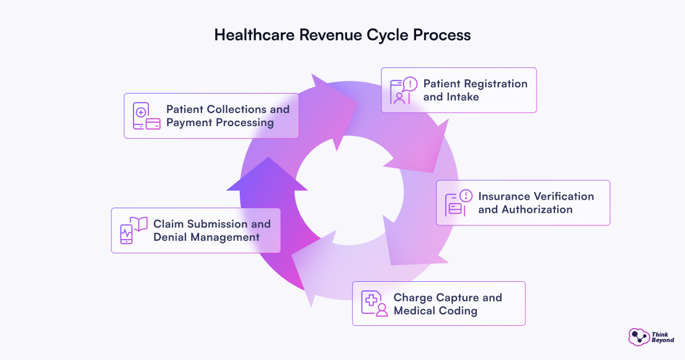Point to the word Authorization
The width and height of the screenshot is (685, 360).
[537, 209]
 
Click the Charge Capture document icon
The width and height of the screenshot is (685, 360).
[374, 303]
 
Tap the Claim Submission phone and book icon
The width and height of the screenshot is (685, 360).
[132, 230]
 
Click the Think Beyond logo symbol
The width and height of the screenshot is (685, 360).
[638, 336]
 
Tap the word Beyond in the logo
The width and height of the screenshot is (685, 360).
[663, 340]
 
